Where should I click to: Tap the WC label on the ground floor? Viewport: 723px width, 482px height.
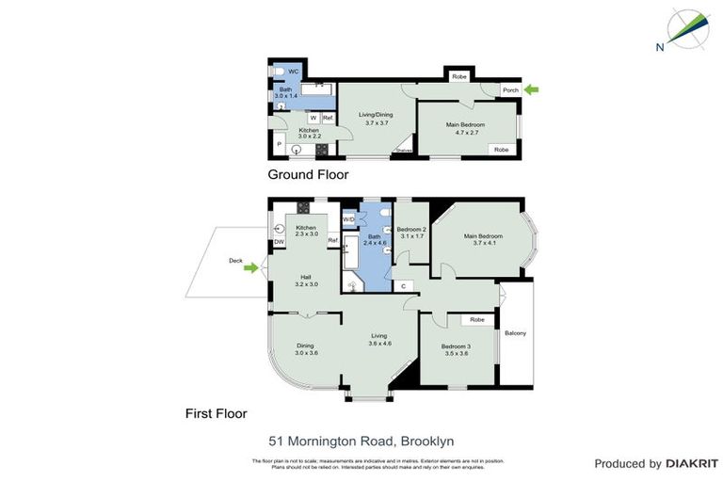pyautogui.click(x=293, y=72)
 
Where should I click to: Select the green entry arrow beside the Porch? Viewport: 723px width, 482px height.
pyautogui.click(x=533, y=89)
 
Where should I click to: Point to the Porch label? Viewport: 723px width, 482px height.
pyautogui.click(x=510, y=90)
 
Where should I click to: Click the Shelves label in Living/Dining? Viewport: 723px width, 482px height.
pyautogui.click(x=403, y=150)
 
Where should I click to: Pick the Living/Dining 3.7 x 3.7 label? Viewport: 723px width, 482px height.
pyautogui.click(x=375, y=119)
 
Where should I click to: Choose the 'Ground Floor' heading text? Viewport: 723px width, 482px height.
pyautogui.click(x=308, y=174)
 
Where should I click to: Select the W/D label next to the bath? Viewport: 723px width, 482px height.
pyautogui.click(x=348, y=219)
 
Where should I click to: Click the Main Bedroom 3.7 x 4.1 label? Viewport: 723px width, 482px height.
pyautogui.click(x=482, y=239)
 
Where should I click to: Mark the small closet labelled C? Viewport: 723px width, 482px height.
pyautogui.click(x=403, y=285)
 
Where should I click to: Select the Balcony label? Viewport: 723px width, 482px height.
pyautogui.click(x=515, y=333)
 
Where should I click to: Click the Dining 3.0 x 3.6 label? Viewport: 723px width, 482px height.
pyautogui.click(x=307, y=348)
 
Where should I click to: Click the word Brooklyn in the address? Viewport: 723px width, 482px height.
pyautogui.click(x=427, y=440)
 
